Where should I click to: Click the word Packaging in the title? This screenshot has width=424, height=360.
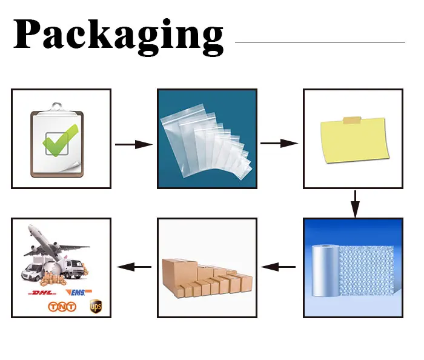tap(118, 35)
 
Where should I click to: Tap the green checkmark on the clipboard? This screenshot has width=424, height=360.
tap(59, 140)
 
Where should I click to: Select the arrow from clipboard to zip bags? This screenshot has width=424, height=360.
tap(133, 144)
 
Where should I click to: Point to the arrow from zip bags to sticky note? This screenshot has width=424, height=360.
tap(279, 144)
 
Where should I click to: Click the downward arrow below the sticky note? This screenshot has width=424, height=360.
tap(355, 204)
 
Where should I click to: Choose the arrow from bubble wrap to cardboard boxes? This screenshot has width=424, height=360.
tap(279, 266)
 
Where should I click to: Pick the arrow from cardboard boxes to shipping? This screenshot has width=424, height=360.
tap(134, 266)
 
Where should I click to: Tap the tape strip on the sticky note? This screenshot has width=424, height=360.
tap(352, 121)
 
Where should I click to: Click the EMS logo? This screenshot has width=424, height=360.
tap(78, 292)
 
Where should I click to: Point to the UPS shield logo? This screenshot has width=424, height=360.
tap(94, 306)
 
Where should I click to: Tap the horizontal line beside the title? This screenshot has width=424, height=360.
tap(320, 42)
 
